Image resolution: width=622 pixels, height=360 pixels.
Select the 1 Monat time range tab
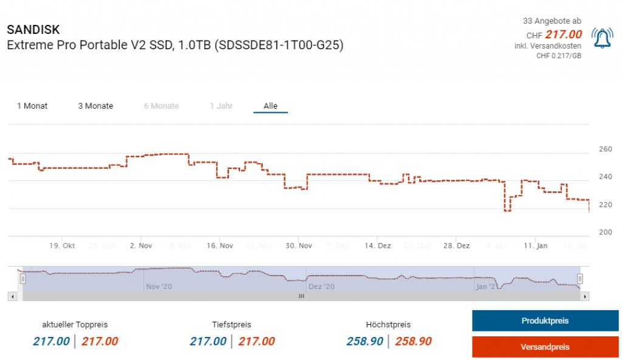click(32, 106)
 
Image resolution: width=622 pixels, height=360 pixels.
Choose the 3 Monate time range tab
click(95, 106)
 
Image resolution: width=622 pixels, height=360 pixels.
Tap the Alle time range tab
click(270, 106)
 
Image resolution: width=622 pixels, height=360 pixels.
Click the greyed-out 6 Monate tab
click(161, 106)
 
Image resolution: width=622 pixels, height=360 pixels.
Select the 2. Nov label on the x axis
click(141, 246)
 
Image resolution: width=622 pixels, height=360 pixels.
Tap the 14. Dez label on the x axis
click(377, 246)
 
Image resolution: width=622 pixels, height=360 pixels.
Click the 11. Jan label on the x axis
click(535, 246)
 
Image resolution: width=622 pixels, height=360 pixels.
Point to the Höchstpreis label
click(388, 325)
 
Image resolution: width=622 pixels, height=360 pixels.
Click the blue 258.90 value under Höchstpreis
click(364, 341)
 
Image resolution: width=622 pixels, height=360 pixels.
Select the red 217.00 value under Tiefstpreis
click(256, 341)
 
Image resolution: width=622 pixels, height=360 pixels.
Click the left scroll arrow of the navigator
click(12, 296)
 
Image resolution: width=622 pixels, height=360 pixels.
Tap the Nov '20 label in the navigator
click(159, 286)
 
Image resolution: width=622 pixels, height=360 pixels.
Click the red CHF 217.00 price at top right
click(563, 34)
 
